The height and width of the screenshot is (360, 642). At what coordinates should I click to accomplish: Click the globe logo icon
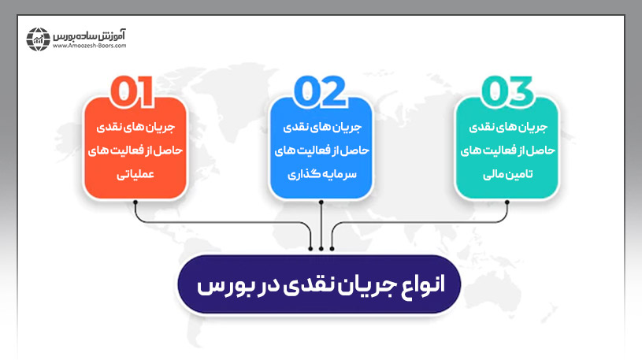pos(38,39)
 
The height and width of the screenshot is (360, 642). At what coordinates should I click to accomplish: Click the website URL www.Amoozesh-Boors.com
pos(90,46)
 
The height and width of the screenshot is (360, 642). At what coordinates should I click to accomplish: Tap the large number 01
pos(135,91)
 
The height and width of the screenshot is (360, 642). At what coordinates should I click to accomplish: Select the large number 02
pos(321,91)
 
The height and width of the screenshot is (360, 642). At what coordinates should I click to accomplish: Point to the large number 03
pos(506,91)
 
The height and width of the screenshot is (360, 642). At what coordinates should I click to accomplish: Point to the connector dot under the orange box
pos(136,202)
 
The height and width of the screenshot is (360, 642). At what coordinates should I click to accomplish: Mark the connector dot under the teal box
pos(506,202)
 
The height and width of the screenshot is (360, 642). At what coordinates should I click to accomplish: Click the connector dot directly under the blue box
pos(321,202)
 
